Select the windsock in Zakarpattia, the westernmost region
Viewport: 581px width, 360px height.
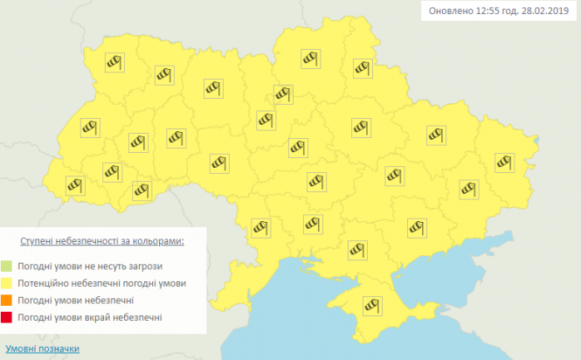74,185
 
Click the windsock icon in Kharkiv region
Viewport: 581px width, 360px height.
435,135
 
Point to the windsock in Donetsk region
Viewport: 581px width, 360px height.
468,188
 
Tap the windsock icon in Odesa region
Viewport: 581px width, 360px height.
260,227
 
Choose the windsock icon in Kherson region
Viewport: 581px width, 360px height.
356,249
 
